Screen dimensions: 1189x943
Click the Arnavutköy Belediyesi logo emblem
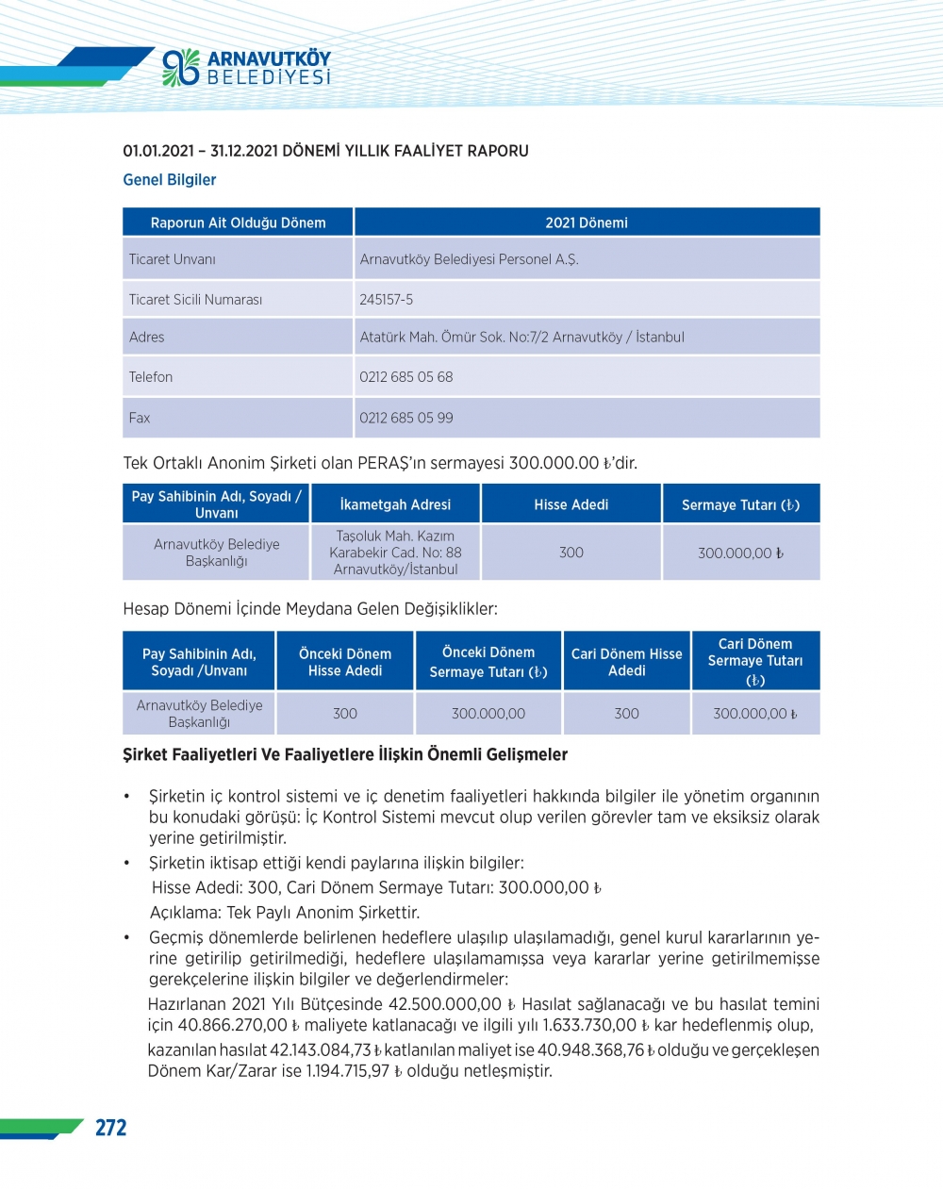[180, 67]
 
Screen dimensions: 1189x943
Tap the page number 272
[110, 1128]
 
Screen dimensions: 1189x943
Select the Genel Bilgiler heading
[170, 180]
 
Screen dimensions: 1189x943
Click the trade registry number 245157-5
[386, 300]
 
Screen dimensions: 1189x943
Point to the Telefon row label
[151, 377]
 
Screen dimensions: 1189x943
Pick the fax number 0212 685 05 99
[405, 418]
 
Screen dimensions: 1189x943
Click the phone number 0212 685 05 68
[405, 377]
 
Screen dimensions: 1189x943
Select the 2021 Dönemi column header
[586, 223]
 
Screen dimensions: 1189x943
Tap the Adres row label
[146, 338]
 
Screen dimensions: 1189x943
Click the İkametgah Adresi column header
[395, 504]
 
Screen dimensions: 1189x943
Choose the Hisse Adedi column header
[571, 504]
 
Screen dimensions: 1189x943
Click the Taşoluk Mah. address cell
[395, 553]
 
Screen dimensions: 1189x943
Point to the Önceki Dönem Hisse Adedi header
[345, 662]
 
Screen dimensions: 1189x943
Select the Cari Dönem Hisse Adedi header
[626, 662]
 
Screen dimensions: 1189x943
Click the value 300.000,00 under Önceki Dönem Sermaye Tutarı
[488, 714]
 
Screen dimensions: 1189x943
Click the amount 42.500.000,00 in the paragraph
[445, 1004]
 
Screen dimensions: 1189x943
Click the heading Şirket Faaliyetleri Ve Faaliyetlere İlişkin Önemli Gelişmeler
[345, 754]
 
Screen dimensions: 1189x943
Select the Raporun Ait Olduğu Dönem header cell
[238, 223]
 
